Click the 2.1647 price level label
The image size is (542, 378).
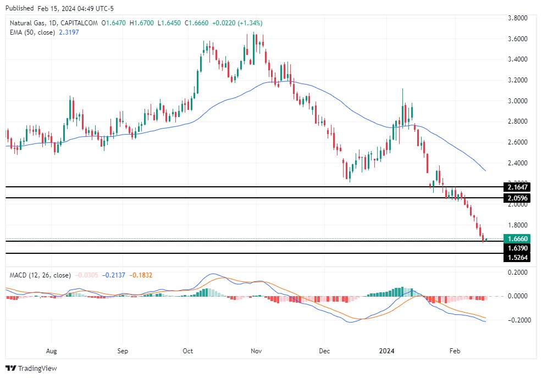[x=517, y=187]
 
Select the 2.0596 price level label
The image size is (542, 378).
[x=517, y=198]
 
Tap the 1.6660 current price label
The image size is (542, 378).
[x=517, y=239]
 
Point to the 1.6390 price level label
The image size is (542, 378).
[x=517, y=248]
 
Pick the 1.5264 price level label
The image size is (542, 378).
[x=517, y=257]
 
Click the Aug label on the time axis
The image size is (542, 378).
[x=52, y=349]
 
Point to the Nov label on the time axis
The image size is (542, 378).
[x=255, y=349]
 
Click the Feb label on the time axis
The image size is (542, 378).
[x=455, y=349]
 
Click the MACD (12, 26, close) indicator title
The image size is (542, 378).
[x=40, y=275]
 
